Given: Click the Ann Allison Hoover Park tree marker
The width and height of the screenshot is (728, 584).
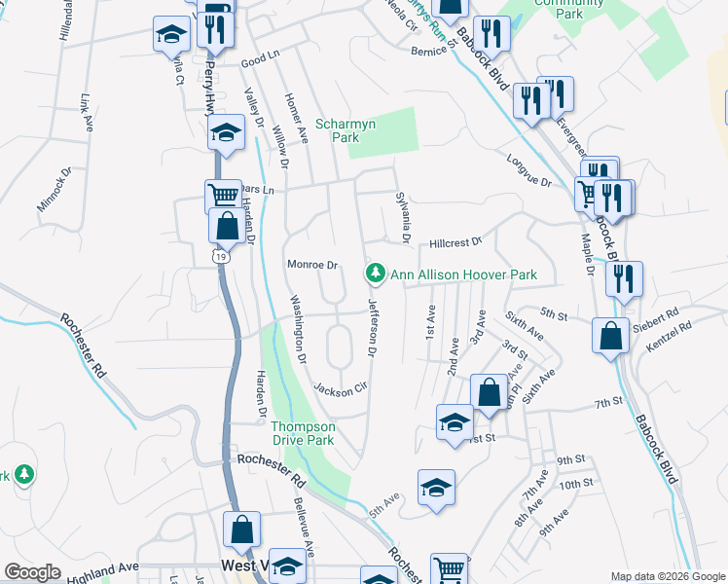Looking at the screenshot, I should click(376, 275).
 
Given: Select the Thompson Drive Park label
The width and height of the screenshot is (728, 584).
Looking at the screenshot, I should click(303, 433).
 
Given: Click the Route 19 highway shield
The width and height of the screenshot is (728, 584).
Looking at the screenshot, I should click(221, 256).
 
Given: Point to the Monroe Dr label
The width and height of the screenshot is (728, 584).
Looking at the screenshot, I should click(311, 265).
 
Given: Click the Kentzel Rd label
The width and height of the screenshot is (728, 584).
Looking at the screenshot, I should click(671, 338).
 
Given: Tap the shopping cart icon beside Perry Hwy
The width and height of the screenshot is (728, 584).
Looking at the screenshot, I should click(223, 195).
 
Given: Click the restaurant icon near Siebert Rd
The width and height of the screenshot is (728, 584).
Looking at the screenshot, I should click(623, 277).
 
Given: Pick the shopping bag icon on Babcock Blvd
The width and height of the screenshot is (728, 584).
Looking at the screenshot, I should click(609, 337).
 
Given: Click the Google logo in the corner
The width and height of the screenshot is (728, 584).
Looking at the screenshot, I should click(33, 572).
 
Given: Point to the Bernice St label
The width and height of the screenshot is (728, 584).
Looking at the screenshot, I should click(433, 49).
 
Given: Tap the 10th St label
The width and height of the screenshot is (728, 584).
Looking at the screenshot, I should click(576, 484).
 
